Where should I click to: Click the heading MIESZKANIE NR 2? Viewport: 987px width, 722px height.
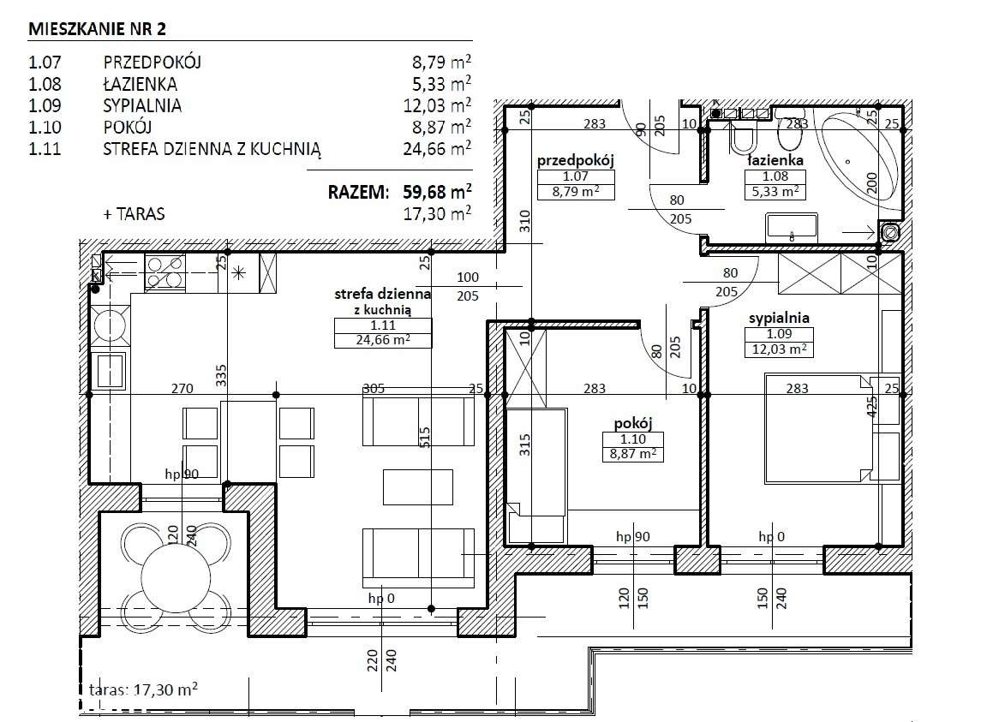click(98, 29)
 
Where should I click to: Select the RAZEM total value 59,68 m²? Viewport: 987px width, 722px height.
click(437, 191)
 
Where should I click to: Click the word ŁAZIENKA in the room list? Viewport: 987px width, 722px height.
click(140, 84)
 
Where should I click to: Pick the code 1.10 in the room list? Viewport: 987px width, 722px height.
click(45, 127)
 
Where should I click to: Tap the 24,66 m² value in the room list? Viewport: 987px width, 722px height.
click(437, 148)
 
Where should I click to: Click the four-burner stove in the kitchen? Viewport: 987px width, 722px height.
click(164, 272)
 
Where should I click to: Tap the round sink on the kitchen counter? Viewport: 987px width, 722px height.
click(111, 326)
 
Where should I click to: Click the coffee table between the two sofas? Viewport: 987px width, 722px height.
click(418, 487)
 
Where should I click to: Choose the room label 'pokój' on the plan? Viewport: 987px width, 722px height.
click(633, 423)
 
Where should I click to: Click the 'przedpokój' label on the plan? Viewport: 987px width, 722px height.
click(576, 160)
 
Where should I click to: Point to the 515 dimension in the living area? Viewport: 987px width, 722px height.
click(425, 439)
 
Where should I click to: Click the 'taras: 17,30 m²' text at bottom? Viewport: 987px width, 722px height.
click(144, 689)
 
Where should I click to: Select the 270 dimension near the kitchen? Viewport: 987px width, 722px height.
click(182, 388)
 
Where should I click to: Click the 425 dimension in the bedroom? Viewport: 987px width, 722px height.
click(872, 408)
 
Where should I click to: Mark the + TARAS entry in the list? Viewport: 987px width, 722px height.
click(134, 214)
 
